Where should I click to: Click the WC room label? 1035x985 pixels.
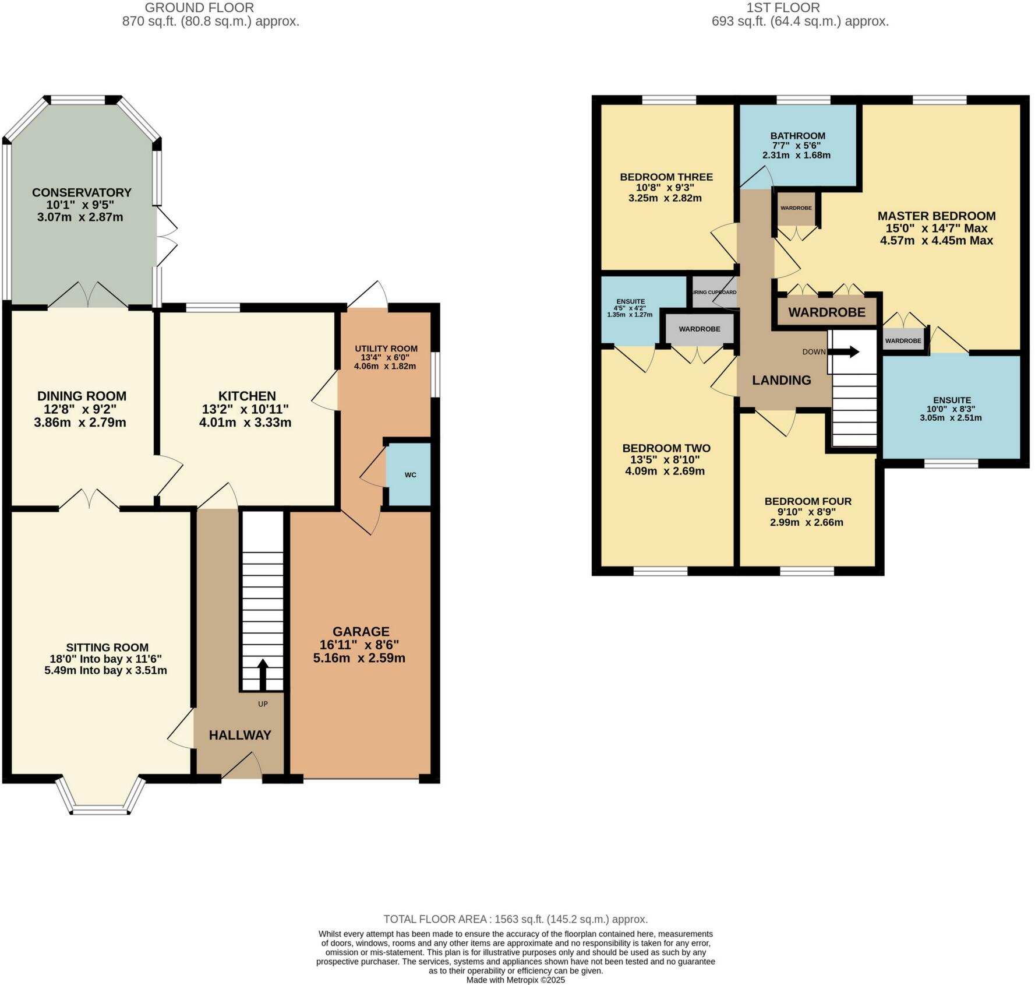pos(411,474)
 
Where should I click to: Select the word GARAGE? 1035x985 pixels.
pos(361,632)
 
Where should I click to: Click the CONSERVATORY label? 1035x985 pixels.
pos(82,192)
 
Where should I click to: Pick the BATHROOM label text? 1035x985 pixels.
pos(796,136)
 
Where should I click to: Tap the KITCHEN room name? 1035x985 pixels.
pos(247,396)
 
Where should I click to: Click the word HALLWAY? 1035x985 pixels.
pos(240,735)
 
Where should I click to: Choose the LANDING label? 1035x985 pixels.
pos(782,380)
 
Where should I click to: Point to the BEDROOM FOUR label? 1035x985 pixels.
pos(808,501)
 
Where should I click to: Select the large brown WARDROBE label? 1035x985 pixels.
pos(827,312)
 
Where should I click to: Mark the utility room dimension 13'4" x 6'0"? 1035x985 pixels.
pos(386,357)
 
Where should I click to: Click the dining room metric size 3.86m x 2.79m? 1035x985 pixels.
pos(80,423)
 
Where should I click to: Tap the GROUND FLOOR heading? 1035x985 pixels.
pos(199,8)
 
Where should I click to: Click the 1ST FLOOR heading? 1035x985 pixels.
pos(783,8)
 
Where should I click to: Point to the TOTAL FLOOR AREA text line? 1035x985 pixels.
pos(515,919)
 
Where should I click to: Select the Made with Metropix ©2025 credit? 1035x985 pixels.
pos(516,980)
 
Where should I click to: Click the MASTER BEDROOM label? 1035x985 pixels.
pos(937,216)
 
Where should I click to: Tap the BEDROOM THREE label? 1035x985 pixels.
pos(666,177)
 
